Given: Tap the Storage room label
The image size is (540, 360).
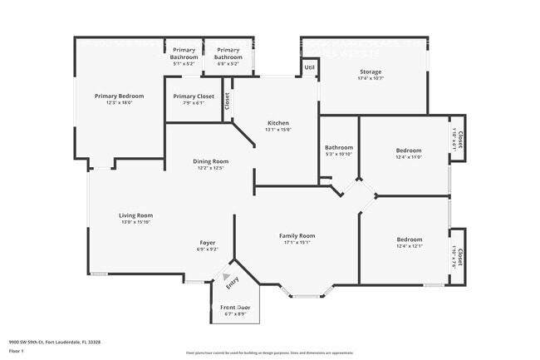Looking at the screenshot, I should [x=370, y=72].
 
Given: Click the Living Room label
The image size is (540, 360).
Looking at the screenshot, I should [x=137, y=215].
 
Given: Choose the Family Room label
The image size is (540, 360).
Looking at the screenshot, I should [x=297, y=236].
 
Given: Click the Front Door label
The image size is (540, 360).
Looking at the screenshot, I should [x=235, y=308].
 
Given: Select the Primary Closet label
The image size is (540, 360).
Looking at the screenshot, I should [x=194, y=96].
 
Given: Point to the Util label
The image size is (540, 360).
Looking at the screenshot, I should [x=309, y=67].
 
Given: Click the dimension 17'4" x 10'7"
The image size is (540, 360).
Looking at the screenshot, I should [x=370, y=79].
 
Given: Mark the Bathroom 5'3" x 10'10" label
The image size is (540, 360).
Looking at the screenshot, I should [x=339, y=148].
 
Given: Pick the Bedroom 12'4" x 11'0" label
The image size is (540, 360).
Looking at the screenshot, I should [x=409, y=150].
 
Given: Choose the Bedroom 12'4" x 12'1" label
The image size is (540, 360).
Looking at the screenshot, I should [x=409, y=239].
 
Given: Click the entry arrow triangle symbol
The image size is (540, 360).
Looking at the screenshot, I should [x=225, y=278].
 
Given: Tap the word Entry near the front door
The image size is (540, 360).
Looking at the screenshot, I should [x=233, y=284].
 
